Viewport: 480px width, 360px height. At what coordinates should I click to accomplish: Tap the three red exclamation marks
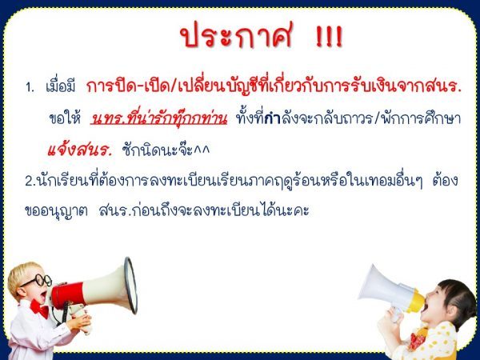[329, 37]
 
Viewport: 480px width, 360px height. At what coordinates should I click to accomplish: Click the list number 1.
[30, 88]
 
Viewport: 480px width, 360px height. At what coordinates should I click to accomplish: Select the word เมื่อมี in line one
[60, 86]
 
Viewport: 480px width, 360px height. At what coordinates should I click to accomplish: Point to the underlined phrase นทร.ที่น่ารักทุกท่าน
[158, 118]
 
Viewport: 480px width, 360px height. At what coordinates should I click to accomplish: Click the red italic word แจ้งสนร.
[80, 150]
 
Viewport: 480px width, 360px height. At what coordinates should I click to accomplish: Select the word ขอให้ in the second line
[65, 118]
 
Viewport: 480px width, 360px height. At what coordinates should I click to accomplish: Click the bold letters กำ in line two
[272, 118]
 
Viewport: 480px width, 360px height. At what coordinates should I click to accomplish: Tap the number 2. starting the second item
[30, 182]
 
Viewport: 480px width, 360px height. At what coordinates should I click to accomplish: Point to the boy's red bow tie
[39, 308]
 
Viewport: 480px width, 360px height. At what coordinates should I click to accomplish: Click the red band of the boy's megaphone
[68, 295]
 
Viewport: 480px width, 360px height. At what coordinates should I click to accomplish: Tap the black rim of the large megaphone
[130, 286]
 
